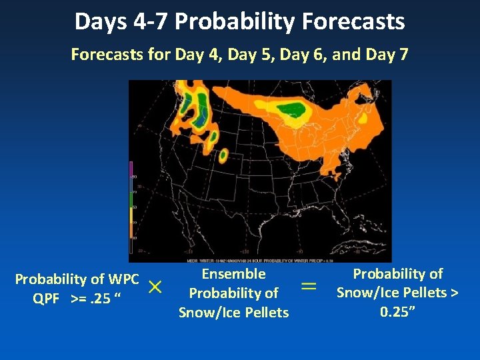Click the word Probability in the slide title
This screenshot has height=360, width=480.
tap(236, 22)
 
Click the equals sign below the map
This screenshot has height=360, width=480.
tap(309, 286)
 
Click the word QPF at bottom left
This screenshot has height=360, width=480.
tap(46, 297)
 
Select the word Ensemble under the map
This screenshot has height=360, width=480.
tap(233, 274)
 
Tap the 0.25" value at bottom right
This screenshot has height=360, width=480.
tap(397, 311)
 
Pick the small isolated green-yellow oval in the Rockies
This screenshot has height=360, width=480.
tap(223, 155)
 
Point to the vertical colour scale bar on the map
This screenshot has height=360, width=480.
tap(131, 200)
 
